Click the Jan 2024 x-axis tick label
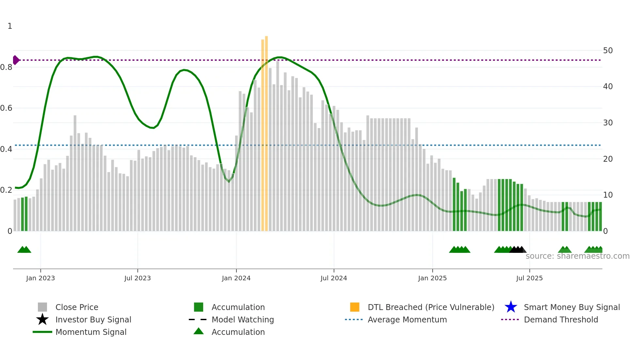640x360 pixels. click(236, 278)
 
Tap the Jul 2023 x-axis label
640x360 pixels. click(137, 278)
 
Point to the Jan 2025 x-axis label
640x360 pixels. click(432, 278)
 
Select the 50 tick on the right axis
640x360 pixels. click(608, 51)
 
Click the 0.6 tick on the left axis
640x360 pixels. click(6, 108)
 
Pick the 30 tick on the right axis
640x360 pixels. click(608, 123)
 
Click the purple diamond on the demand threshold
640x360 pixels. click(16, 60)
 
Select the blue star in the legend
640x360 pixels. click(511, 307)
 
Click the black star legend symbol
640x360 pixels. click(42, 319)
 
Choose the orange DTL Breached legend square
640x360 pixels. click(355, 307)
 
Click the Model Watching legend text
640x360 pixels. click(243, 319)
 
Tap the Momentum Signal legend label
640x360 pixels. click(91, 332)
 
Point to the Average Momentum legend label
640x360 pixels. click(407, 319)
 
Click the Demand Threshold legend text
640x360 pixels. click(561, 319)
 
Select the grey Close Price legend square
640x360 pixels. click(42, 307)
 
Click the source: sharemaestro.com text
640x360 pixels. click(577, 256)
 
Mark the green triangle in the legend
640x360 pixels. click(199, 331)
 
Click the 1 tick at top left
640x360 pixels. click(10, 26)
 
